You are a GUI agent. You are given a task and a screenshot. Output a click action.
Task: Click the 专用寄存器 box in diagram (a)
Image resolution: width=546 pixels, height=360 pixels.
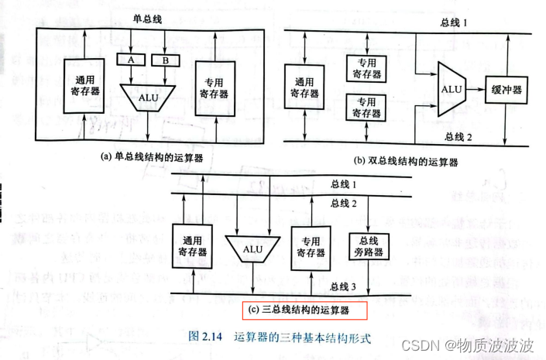[213, 87]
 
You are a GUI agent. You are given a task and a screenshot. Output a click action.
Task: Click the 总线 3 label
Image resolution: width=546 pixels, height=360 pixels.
[344, 286]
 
